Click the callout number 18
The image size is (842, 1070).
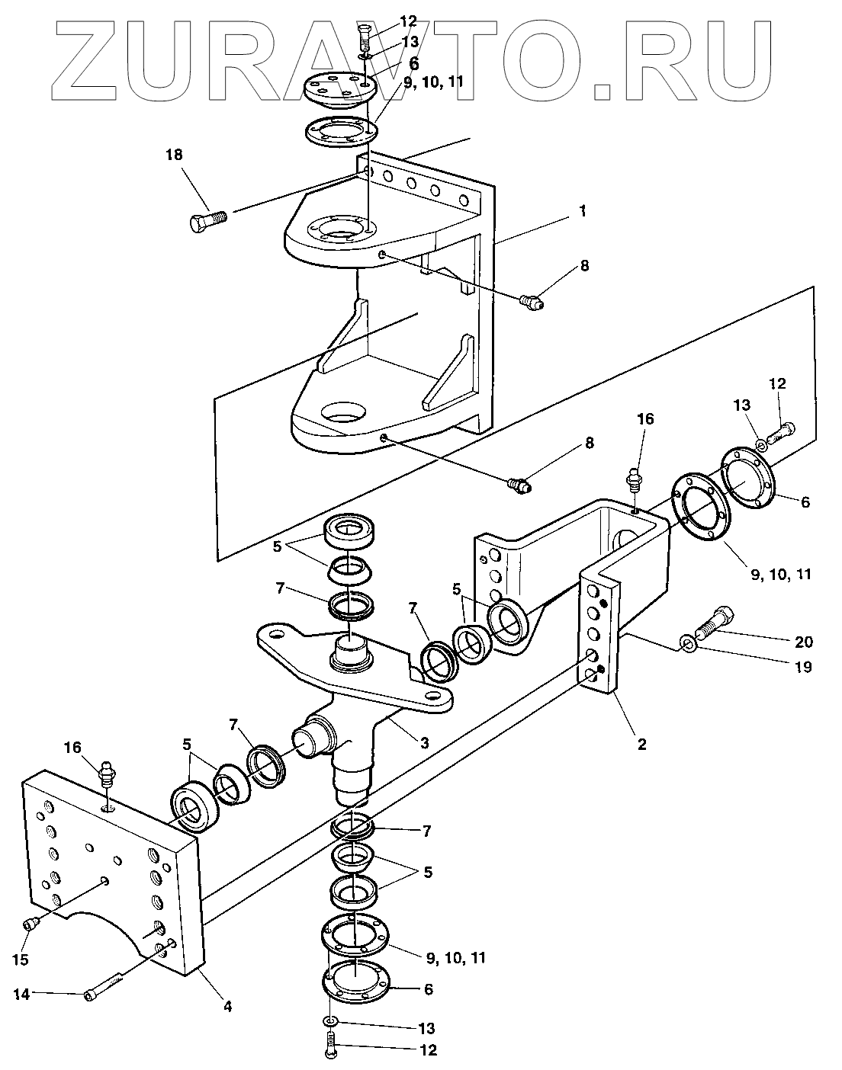174,155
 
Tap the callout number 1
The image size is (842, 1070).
583,211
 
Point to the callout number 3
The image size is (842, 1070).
424,743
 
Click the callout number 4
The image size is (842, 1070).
227,1008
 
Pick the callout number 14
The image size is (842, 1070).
21,995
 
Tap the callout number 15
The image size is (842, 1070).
21,959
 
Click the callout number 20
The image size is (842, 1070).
804,642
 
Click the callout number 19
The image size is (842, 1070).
803,667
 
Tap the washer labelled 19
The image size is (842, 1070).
687,646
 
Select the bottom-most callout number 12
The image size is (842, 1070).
428,1050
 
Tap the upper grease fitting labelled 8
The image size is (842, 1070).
532,301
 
